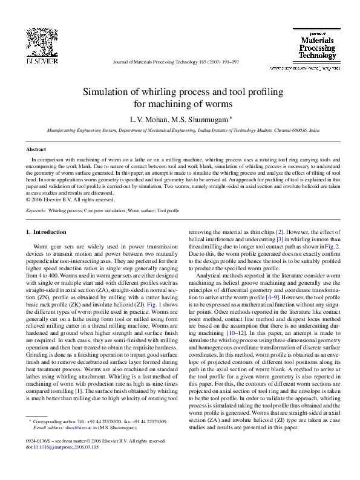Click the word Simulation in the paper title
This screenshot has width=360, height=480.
point(106,92)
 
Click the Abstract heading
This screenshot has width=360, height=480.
point(37,149)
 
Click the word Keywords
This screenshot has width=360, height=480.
point(37,210)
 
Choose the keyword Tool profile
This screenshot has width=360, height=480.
point(168,210)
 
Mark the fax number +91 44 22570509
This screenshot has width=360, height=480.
point(148,437)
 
